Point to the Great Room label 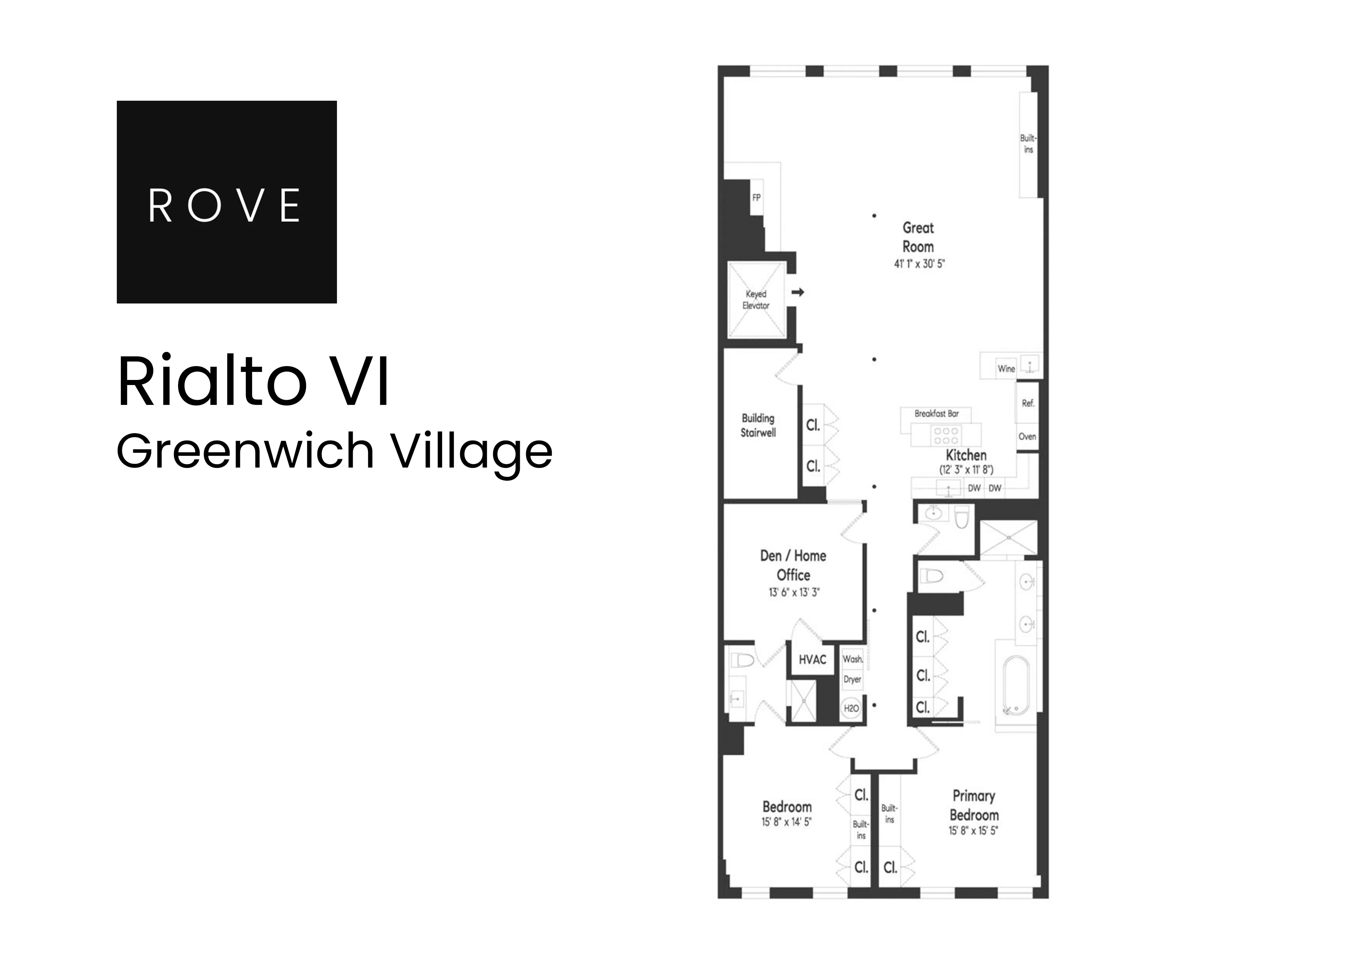(x=918, y=237)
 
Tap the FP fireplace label (x=756, y=198)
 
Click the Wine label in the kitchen (x=1006, y=369)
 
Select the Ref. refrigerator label (x=1028, y=404)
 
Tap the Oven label (x=1027, y=437)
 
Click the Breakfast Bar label (x=937, y=414)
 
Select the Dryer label (x=852, y=679)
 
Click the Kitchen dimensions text (x=966, y=470)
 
